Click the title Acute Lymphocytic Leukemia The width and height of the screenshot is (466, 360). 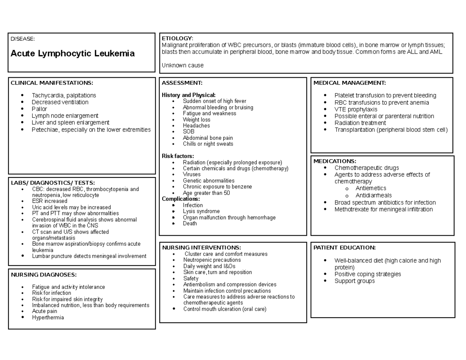(x=73, y=54)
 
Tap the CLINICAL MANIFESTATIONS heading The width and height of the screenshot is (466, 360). (x=52, y=83)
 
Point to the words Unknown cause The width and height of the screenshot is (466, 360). (x=183, y=65)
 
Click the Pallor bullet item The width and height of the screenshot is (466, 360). (x=39, y=109)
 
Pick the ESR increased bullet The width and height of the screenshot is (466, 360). (x=50, y=201)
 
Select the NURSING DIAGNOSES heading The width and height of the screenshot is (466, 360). (x=43, y=275)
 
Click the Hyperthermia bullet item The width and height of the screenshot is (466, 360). (x=48, y=317)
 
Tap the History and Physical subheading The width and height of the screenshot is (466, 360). (x=189, y=95)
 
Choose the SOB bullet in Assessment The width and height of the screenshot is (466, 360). (x=189, y=132)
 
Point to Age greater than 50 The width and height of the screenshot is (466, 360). (x=206, y=193)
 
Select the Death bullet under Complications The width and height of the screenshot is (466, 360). (x=190, y=223)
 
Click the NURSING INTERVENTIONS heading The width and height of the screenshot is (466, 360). (x=202, y=247)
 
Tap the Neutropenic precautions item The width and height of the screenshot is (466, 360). (x=212, y=260)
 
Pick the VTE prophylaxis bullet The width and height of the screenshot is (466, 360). (x=356, y=109)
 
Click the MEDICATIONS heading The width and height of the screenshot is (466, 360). (x=335, y=161)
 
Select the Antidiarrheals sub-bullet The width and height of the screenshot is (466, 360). (x=374, y=195)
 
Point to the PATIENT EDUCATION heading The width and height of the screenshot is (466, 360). (x=344, y=247)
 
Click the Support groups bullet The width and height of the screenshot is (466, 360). (x=355, y=281)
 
